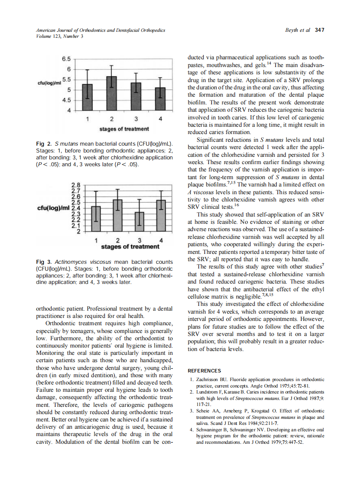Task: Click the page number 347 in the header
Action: pos(319,31)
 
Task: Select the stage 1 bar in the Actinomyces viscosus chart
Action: pos(95,219)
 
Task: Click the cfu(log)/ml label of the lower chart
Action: pos(53,208)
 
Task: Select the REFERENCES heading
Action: pos(204,371)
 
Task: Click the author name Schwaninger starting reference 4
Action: pos(211,430)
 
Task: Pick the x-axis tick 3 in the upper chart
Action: pos(136,118)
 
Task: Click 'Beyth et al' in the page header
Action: pos(298,31)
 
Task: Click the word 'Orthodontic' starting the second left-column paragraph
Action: pos(63,323)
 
